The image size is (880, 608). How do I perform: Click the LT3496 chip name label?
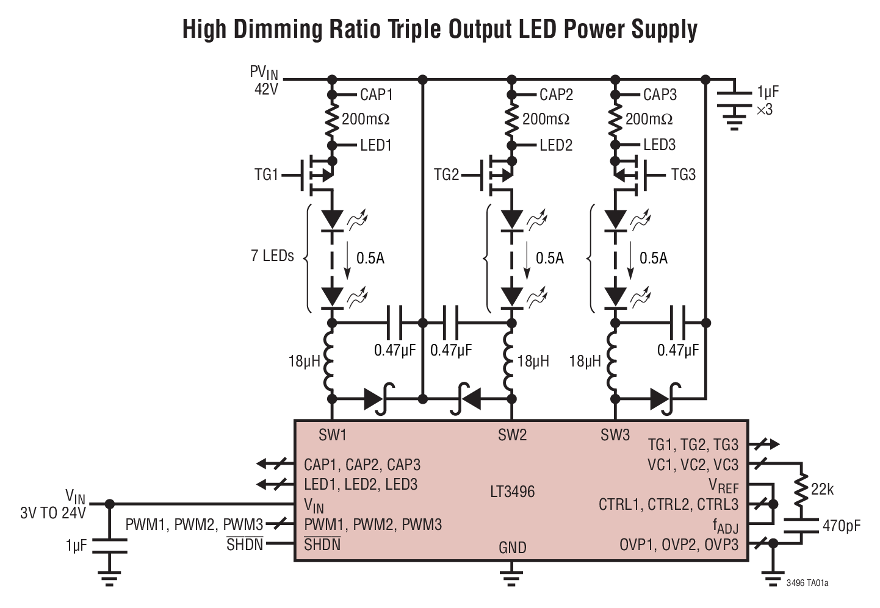click(x=512, y=492)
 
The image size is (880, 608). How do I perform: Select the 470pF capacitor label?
click(x=842, y=525)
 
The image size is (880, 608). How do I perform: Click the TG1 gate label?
click(x=266, y=175)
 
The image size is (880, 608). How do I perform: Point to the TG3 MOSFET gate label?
click(x=683, y=175)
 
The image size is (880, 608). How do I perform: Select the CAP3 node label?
click(x=660, y=95)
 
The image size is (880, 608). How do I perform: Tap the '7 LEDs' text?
click(x=272, y=256)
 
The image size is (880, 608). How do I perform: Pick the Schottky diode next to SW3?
click(x=663, y=399)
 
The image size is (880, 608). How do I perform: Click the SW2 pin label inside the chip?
click(x=511, y=435)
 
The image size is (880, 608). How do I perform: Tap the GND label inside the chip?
click(x=512, y=548)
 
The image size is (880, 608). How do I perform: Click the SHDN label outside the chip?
click(x=245, y=544)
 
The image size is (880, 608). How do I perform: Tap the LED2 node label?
click(x=556, y=145)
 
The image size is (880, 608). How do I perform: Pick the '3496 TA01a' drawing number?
click(x=807, y=583)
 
